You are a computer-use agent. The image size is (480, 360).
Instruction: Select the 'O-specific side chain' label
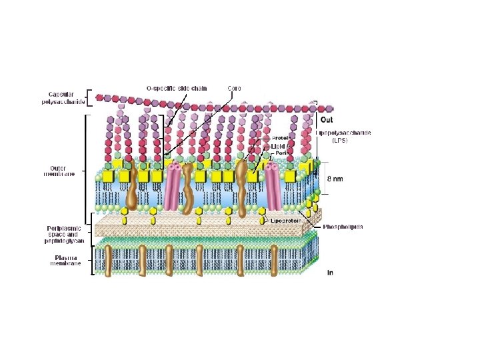[x=177, y=87]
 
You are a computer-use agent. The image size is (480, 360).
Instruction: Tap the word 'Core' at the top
[x=234, y=87]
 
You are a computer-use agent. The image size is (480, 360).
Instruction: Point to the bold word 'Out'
[x=327, y=120]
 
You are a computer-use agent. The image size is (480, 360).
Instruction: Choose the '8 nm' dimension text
[x=336, y=179]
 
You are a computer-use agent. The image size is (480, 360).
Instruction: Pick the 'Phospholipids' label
[x=343, y=227]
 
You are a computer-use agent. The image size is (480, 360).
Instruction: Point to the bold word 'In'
[x=330, y=272]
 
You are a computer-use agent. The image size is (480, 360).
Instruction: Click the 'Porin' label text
[x=281, y=153]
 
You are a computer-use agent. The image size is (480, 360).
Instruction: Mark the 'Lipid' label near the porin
[x=277, y=145]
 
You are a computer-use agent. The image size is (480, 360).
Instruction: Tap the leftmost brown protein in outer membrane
[x=131, y=190]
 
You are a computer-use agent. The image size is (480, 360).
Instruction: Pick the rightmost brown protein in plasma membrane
[x=273, y=259]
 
